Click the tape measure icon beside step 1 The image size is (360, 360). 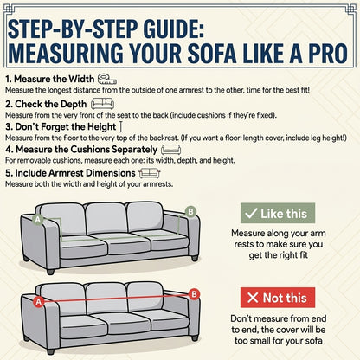click(106, 79)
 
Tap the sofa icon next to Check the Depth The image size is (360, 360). click(102, 104)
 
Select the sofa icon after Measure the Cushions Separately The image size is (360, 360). click(170, 150)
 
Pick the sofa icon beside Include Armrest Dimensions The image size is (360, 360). click(150, 173)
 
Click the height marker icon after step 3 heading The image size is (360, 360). click(121, 126)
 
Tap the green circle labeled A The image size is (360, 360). click(38, 220)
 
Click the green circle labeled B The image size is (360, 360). click(190, 212)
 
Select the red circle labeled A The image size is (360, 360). click(39, 302)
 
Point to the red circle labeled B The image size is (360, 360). click(194, 294)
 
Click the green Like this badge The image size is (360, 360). click(278, 213)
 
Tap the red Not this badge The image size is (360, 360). click(278, 298)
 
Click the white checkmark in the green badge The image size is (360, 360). click(251, 213)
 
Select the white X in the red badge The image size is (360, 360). click(253, 298)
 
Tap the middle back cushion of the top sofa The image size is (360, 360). click(106, 218)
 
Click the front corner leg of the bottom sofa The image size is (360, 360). click(50, 351)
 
